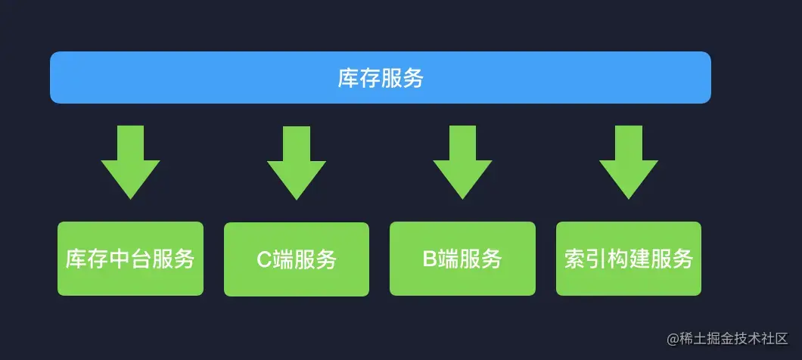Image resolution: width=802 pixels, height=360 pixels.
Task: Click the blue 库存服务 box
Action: [x=380, y=77]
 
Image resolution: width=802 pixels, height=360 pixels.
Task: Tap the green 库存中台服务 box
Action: [x=130, y=259]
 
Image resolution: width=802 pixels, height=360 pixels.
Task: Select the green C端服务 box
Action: [x=297, y=259]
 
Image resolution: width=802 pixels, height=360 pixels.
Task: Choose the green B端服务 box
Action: [x=462, y=259]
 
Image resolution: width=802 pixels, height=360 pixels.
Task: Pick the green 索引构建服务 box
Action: [x=628, y=259]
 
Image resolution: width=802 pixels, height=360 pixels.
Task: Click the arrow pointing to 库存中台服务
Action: [x=130, y=163]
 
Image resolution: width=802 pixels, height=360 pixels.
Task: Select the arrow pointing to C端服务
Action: [x=297, y=163]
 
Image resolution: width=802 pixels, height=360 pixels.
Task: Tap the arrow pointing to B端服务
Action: [x=462, y=163]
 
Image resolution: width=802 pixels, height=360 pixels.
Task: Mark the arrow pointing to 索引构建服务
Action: [x=628, y=163]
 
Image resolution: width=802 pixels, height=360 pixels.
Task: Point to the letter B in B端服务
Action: [x=430, y=259]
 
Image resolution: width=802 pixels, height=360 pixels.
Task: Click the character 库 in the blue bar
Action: [x=348, y=78]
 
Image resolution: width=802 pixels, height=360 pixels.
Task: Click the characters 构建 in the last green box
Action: [x=628, y=259]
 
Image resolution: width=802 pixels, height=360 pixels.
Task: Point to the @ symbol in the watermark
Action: [x=673, y=338]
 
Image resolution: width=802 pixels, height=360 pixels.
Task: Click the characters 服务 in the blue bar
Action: [x=402, y=78]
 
